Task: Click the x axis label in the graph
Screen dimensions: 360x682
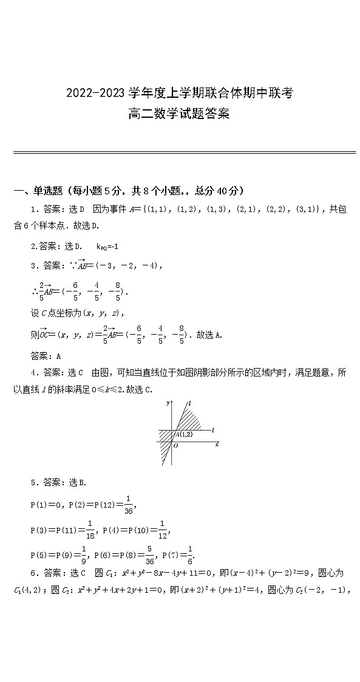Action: [x=217, y=445]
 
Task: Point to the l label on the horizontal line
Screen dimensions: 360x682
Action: [x=213, y=429]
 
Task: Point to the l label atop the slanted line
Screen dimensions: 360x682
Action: [x=190, y=403]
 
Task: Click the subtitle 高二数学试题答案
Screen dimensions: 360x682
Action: [x=179, y=114]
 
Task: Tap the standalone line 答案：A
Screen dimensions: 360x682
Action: [x=46, y=356]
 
